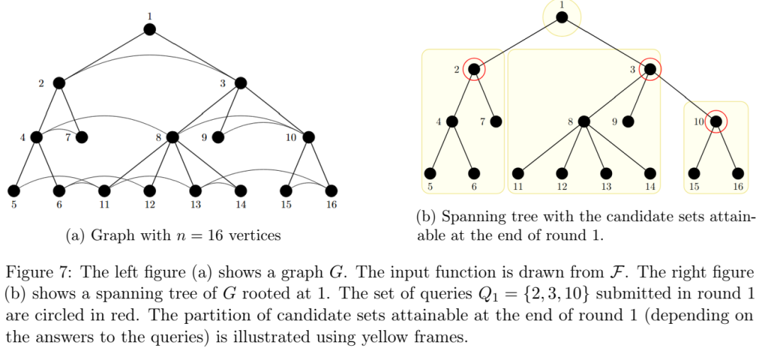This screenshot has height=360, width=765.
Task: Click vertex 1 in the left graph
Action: (149, 30)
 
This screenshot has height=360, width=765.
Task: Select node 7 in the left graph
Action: (81, 137)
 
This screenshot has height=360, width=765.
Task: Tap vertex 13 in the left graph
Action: (195, 190)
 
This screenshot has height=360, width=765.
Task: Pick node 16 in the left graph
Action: (331, 190)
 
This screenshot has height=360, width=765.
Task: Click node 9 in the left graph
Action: (218, 137)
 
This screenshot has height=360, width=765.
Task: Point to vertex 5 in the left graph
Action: (13, 190)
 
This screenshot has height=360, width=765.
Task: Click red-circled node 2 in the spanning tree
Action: (474, 69)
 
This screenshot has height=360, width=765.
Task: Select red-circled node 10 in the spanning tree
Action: (715, 121)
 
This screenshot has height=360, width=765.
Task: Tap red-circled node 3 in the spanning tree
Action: (650, 69)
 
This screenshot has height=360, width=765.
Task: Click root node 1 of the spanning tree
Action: (562, 18)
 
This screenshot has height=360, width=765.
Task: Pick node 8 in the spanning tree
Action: (584, 121)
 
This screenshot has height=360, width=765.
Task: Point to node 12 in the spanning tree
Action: (562, 173)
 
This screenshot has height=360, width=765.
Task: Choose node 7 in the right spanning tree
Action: (496, 121)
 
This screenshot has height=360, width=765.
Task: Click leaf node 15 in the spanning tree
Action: (693, 173)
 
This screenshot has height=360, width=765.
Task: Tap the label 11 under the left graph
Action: (104, 205)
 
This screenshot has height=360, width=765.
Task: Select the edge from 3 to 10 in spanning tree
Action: (683, 95)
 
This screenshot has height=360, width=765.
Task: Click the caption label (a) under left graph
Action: (74, 236)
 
